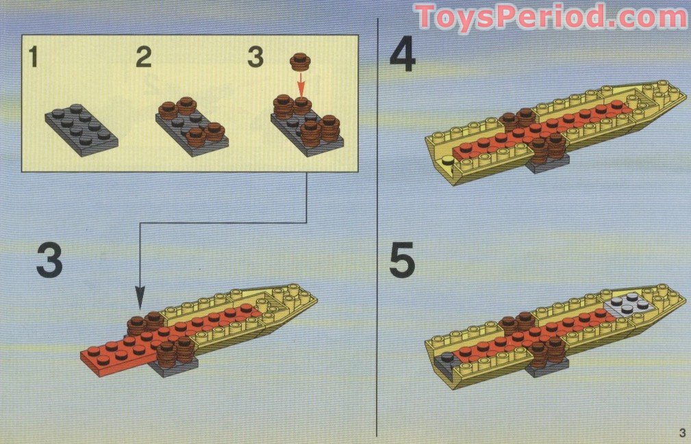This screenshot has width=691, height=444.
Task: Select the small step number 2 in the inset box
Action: (143, 57)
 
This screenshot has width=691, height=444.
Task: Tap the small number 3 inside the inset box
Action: (255, 57)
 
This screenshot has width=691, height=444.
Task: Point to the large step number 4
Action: (402, 55)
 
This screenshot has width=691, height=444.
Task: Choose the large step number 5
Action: (402, 262)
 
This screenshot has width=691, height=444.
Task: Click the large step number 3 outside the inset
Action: (49, 261)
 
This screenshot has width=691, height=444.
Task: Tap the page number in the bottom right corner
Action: (681, 431)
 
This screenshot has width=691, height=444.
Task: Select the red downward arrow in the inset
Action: (299, 84)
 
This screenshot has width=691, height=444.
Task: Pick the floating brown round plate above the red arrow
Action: (299, 62)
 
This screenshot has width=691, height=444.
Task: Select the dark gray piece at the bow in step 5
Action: (448, 358)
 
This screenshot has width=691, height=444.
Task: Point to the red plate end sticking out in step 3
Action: (103, 356)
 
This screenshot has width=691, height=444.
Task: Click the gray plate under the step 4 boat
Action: (549, 164)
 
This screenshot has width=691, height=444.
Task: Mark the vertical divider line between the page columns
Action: (377, 226)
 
